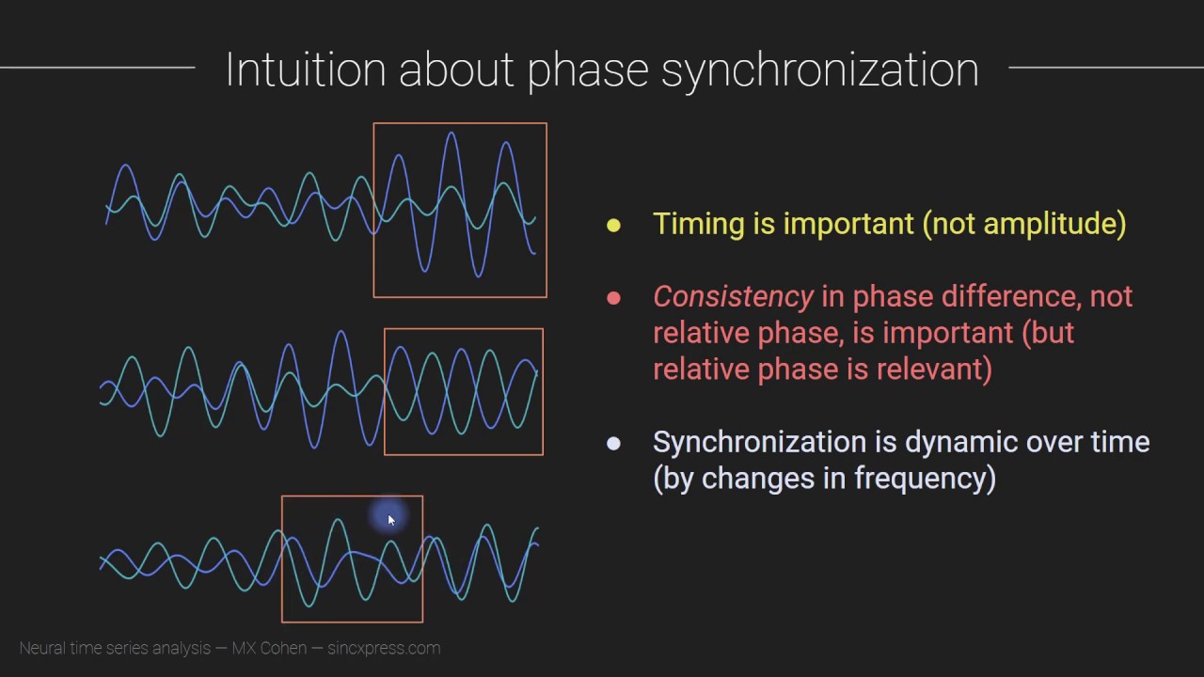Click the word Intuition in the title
305,71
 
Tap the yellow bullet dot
613,225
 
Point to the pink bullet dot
613,298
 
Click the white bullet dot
613,443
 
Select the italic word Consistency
733,297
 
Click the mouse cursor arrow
390,519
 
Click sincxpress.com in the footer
384,648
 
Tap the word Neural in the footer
41,648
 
